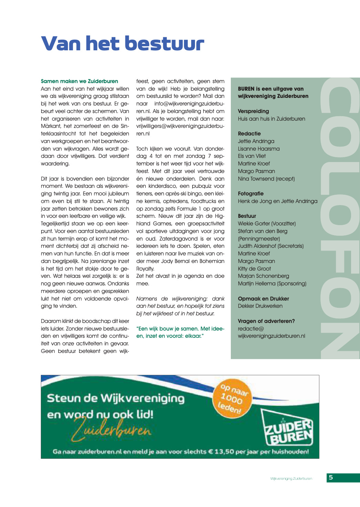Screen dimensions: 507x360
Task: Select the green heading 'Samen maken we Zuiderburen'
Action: click(79, 81)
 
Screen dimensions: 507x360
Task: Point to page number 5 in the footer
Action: click(331, 478)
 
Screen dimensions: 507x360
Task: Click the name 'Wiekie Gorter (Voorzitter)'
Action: click(267, 224)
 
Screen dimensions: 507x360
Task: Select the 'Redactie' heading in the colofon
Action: click(249, 134)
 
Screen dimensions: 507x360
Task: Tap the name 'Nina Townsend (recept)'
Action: click(266, 179)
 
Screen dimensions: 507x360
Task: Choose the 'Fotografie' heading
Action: click(250, 194)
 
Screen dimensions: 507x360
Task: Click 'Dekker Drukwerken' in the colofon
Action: click(260, 306)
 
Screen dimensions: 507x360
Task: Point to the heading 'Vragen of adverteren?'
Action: click(266, 321)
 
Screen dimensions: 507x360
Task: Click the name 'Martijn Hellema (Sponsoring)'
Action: click(272, 284)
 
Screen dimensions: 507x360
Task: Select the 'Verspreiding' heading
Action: click(253, 111)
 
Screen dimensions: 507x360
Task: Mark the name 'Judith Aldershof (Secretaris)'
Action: click(271, 246)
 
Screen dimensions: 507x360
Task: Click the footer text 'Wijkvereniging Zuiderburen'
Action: click(291, 479)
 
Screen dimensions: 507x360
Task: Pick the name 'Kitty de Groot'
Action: click(254, 269)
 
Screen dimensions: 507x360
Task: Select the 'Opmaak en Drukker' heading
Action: click(263, 299)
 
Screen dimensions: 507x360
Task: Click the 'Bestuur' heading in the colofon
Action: click(247, 216)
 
